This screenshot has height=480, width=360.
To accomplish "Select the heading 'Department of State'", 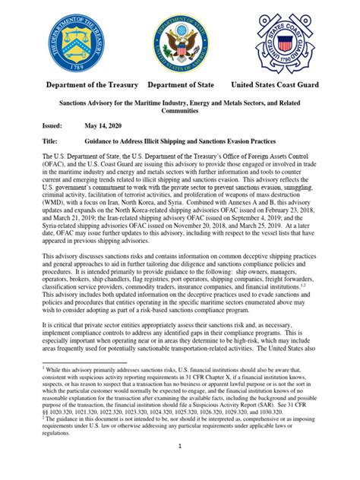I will pyautogui.click(x=180, y=84).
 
